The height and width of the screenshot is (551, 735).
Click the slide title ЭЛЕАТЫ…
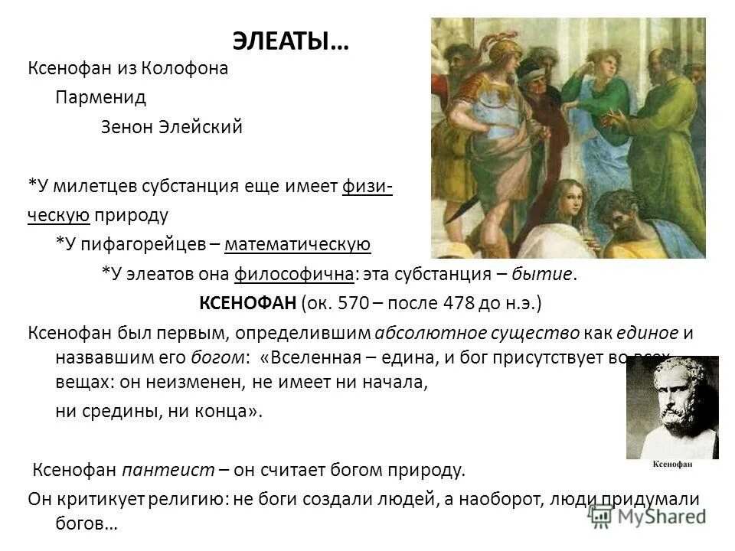coord(289,41)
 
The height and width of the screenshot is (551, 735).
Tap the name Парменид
coord(100,98)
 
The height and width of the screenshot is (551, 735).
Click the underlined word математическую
coord(298,244)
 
